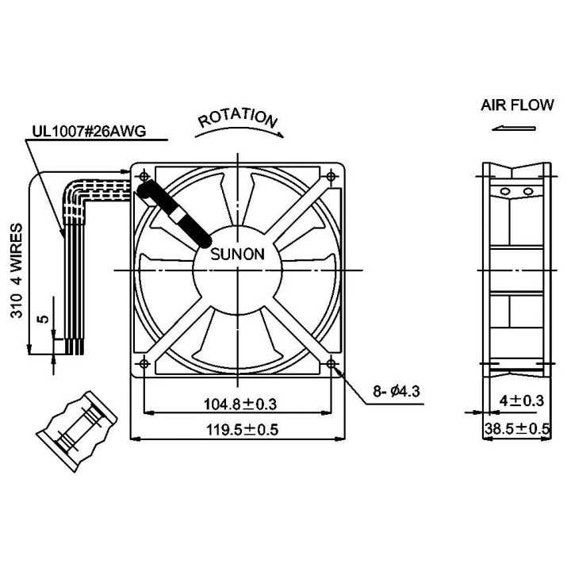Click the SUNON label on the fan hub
[238, 255]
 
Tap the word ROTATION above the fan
[238, 118]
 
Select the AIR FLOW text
[517, 105]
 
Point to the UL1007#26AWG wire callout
[89, 132]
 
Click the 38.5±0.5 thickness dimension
[517, 429]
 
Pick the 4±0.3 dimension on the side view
[522, 401]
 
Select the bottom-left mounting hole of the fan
[144, 363]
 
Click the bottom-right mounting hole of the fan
[331, 363]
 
